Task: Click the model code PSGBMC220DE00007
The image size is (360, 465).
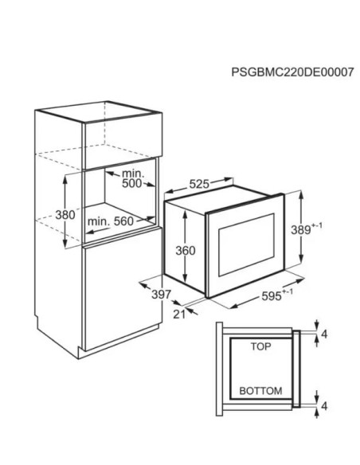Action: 292,72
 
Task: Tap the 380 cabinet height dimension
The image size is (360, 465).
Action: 65,214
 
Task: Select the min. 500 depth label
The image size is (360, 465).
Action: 132,178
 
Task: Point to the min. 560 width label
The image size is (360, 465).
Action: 111,221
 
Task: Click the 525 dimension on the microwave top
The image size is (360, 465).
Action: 199,184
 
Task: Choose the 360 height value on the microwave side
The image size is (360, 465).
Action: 186,251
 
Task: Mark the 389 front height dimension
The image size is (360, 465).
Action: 306,229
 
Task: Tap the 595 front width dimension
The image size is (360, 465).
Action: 277,295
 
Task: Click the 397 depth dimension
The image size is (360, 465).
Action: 162,295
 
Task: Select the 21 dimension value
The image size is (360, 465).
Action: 179,315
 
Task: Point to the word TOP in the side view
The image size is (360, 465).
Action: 260,346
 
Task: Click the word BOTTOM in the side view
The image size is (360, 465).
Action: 260,391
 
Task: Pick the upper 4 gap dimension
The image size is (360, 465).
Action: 324,334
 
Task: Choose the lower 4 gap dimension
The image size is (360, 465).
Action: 324,406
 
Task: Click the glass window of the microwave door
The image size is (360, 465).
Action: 246,244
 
